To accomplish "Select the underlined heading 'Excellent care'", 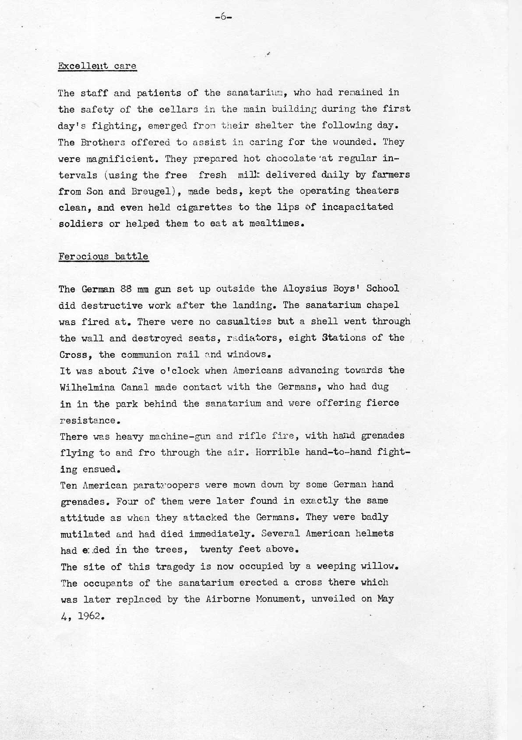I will (x=97, y=66).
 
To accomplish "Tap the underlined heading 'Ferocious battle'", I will (x=103, y=256).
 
